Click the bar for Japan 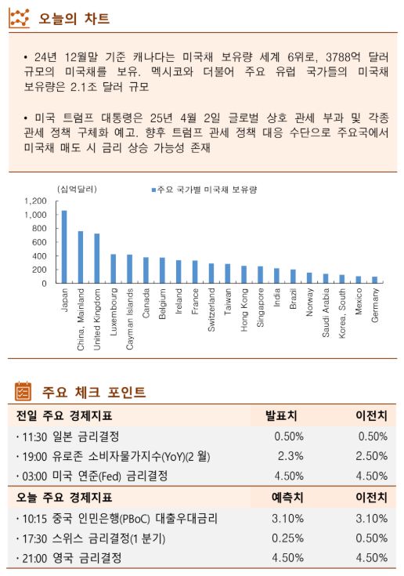64,247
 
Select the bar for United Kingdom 97,259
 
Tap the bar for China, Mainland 81,257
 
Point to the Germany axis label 375,306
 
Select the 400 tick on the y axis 40,256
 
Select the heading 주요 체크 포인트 93,392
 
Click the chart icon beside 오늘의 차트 19,18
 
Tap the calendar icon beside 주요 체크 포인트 23,392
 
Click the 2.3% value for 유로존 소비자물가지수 290,455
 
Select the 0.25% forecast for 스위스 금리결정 287,538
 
